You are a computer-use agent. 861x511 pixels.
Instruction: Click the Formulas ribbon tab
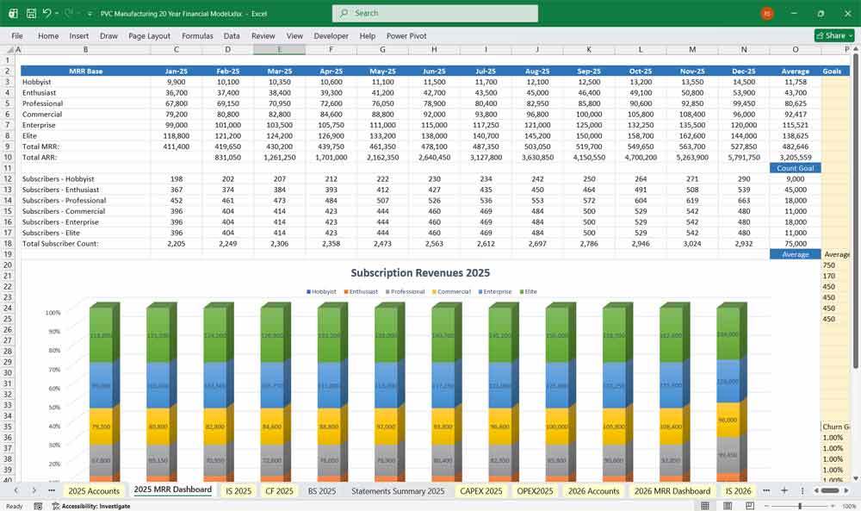(x=197, y=36)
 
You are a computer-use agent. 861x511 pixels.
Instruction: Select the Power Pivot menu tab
(x=406, y=36)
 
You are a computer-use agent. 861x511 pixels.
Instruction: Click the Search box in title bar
(x=435, y=14)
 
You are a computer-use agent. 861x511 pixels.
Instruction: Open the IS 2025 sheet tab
(x=238, y=490)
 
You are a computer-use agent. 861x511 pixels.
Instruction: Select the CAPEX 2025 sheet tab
(x=481, y=490)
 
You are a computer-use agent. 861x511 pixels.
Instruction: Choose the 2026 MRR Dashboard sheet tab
(x=672, y=490)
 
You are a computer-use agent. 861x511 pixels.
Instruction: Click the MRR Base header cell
(x=85, y=71)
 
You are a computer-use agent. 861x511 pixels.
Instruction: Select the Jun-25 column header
(x=435, y=71)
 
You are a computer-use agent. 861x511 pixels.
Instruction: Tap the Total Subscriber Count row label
(x=61, y=244)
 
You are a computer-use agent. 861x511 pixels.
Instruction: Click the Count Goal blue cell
(x=795, y=168)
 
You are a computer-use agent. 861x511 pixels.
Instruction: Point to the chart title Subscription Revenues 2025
(x=420, y=272)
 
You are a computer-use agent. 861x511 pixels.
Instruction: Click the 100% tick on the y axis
(x=53, y=313)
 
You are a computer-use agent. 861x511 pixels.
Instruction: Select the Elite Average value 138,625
(x=795, y=136)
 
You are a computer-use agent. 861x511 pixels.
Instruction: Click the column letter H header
(x=434, y=49)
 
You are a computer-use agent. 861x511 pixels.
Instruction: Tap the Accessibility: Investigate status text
(x=95, y=506)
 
